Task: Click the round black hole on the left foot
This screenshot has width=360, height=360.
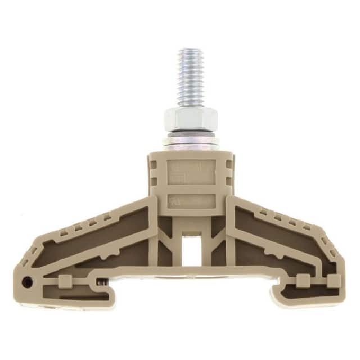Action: (x=26, y=281)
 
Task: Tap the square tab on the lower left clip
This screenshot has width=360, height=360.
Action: (x=64, y=280)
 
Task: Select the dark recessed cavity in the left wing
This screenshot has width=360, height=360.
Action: (x=96, y=236)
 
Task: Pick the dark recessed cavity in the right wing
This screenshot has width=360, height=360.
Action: (x=281, y=236)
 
